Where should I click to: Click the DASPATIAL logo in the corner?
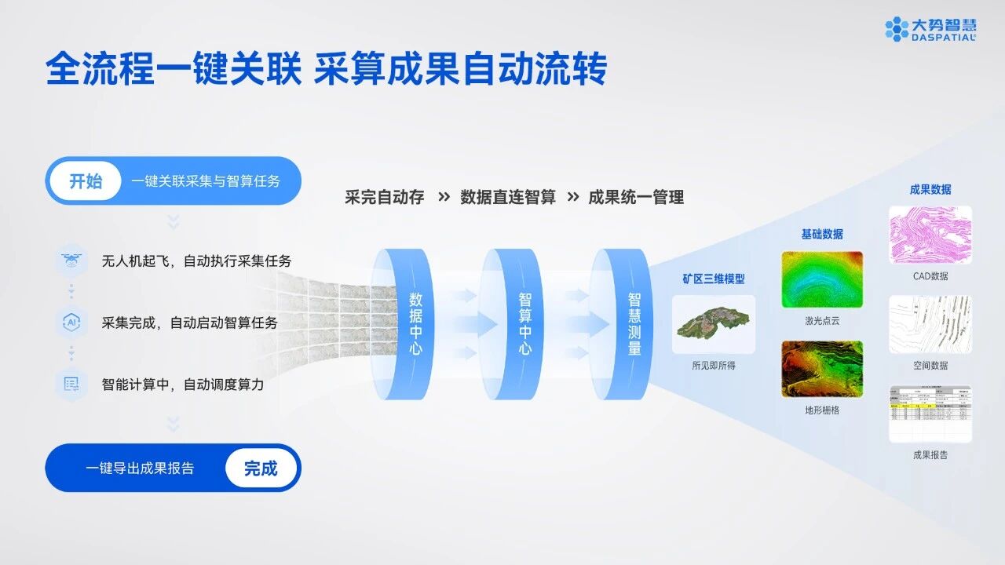930,29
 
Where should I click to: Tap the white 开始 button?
86,181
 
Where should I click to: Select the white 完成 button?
261,468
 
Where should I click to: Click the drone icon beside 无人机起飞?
71,260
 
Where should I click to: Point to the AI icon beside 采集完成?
71,322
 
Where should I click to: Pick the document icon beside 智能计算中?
71,385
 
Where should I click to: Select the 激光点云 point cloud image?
822,279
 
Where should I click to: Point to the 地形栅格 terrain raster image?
822,368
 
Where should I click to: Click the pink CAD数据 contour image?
930,235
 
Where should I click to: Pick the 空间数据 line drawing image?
930,324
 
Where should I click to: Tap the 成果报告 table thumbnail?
930,414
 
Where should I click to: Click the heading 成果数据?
930,189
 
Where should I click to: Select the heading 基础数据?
822,234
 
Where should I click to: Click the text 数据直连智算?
508,198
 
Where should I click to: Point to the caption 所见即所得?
714,365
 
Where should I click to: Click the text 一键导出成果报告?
140,468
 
